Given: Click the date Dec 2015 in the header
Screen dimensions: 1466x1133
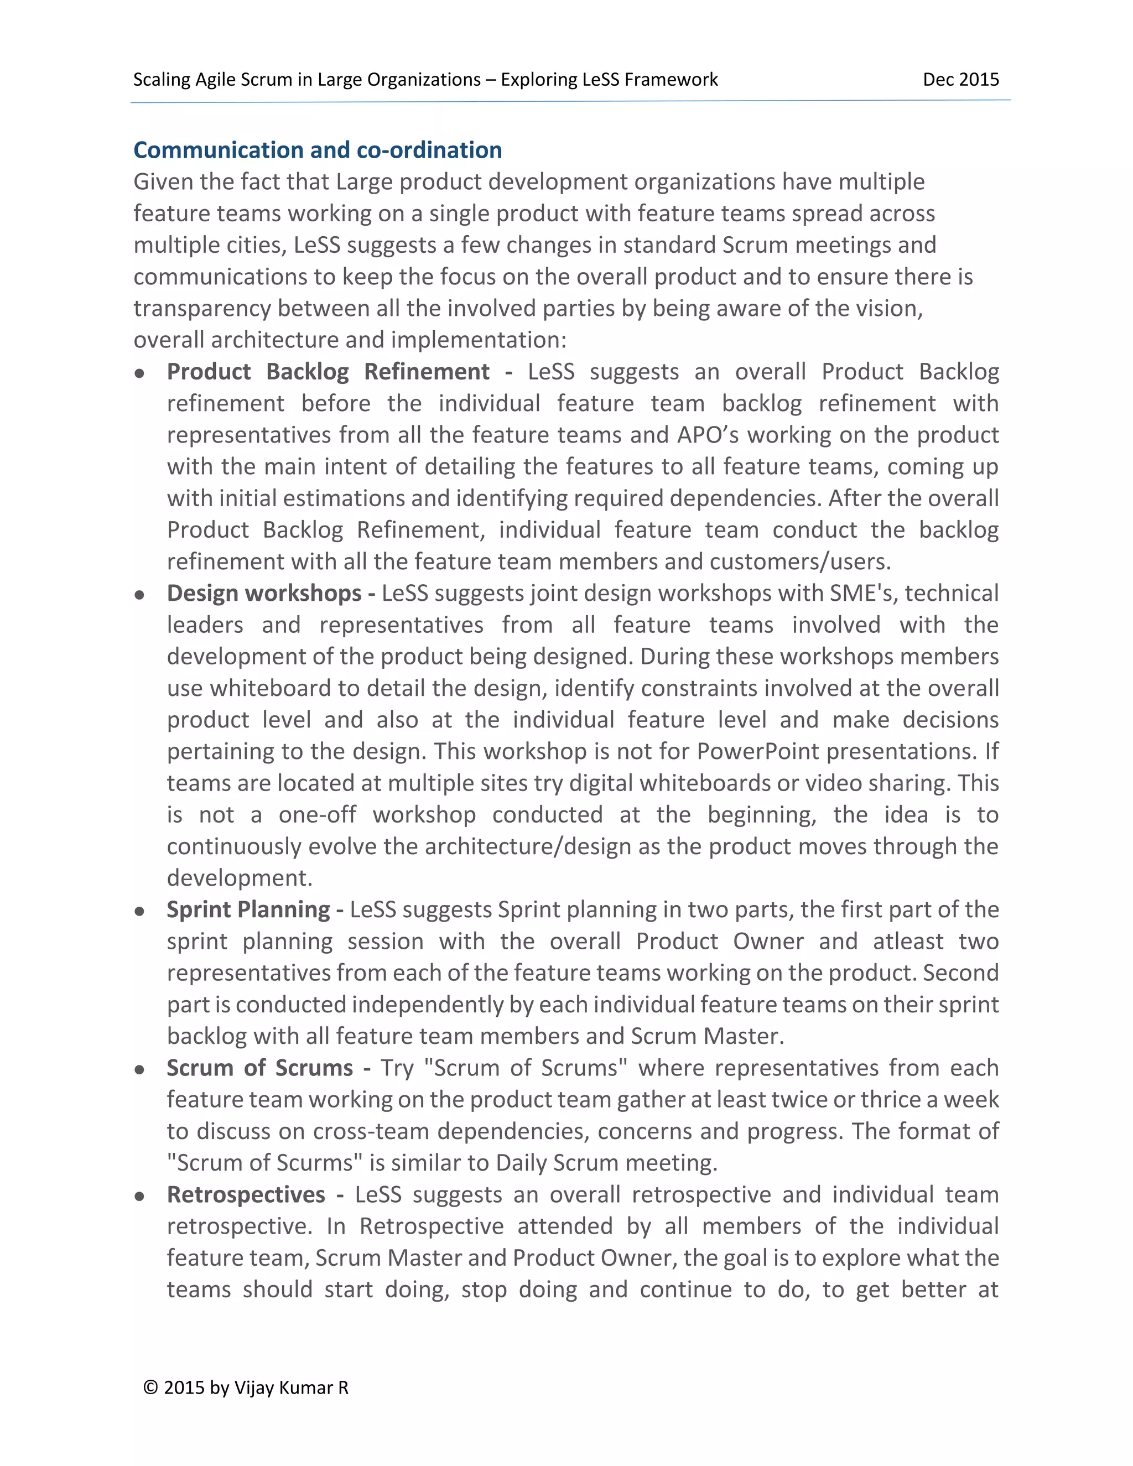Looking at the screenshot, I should [x=960, y=80].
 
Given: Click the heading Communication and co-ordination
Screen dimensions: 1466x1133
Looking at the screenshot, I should [x=318, y=150].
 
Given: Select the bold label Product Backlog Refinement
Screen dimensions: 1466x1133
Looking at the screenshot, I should [x=328, y=372].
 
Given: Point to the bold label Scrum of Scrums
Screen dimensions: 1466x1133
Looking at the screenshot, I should [x=260, y=1068].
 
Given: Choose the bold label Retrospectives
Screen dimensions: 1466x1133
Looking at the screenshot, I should [x=246, y=1195].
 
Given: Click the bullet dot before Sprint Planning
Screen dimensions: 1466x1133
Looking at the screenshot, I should [x=139, y=912].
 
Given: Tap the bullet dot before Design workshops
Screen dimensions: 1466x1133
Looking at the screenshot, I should [x=139, y=595].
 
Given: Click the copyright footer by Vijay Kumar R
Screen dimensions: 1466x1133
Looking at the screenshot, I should [x=246, y=1388].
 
